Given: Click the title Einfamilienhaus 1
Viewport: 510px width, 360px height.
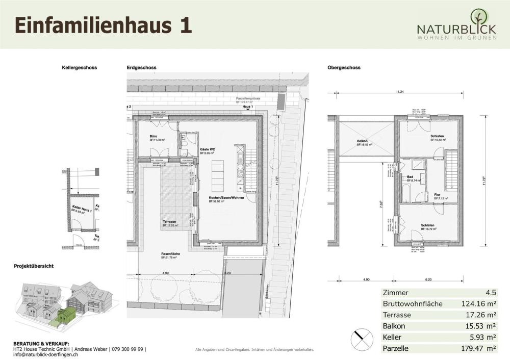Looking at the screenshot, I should tap(103, 24).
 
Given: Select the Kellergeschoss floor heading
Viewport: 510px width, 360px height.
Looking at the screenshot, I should tap(79, 67).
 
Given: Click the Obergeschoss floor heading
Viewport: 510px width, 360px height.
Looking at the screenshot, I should tap(344, 67).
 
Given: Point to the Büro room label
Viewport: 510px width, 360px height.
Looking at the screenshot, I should tap(153, 137).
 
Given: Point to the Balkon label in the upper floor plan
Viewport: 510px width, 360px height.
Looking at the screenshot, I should tap(364, 141).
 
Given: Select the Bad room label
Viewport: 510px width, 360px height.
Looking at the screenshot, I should tap(410, 177).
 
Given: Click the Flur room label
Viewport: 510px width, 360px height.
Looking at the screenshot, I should tap(437, 194).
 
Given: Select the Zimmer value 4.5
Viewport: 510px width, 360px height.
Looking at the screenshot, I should tap(491, 293).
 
